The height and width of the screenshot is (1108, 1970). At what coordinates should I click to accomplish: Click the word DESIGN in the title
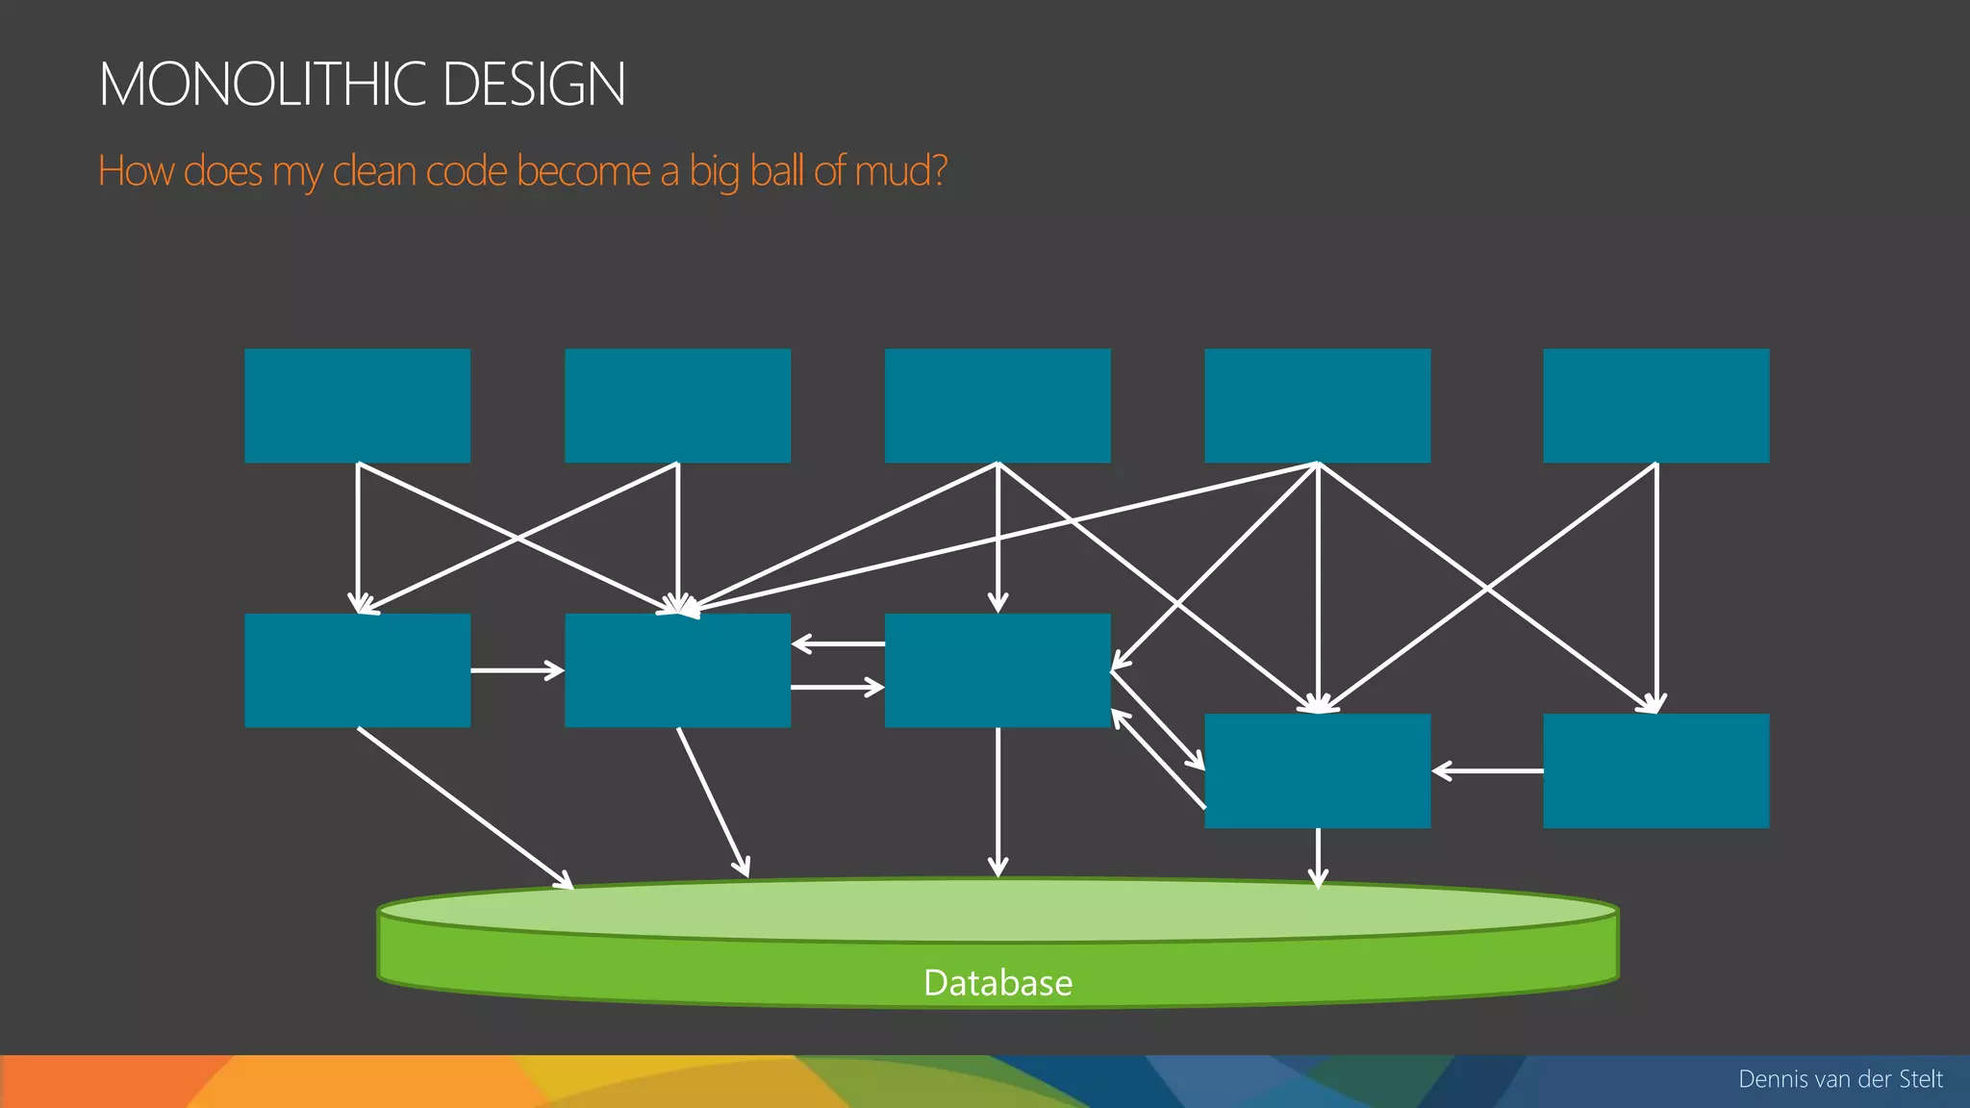534,84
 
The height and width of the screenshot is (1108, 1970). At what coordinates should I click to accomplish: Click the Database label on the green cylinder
998,983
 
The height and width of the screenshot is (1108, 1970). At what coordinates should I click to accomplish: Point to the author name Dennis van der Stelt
1840,1079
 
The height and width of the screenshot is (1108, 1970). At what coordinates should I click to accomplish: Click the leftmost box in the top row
357,405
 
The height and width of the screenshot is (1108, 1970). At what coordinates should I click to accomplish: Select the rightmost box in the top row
1655,405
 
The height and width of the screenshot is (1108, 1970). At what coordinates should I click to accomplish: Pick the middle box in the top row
998,405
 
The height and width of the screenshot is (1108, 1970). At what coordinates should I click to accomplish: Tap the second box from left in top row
677,405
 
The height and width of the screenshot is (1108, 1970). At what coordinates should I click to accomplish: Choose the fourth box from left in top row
1317,405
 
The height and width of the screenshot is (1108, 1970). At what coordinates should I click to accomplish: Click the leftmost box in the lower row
357,669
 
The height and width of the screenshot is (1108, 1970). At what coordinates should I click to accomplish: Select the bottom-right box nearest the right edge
1655,769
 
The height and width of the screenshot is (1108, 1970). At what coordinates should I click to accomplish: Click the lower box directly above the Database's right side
1317,769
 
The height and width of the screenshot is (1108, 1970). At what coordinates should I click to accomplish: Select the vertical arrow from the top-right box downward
1656,587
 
